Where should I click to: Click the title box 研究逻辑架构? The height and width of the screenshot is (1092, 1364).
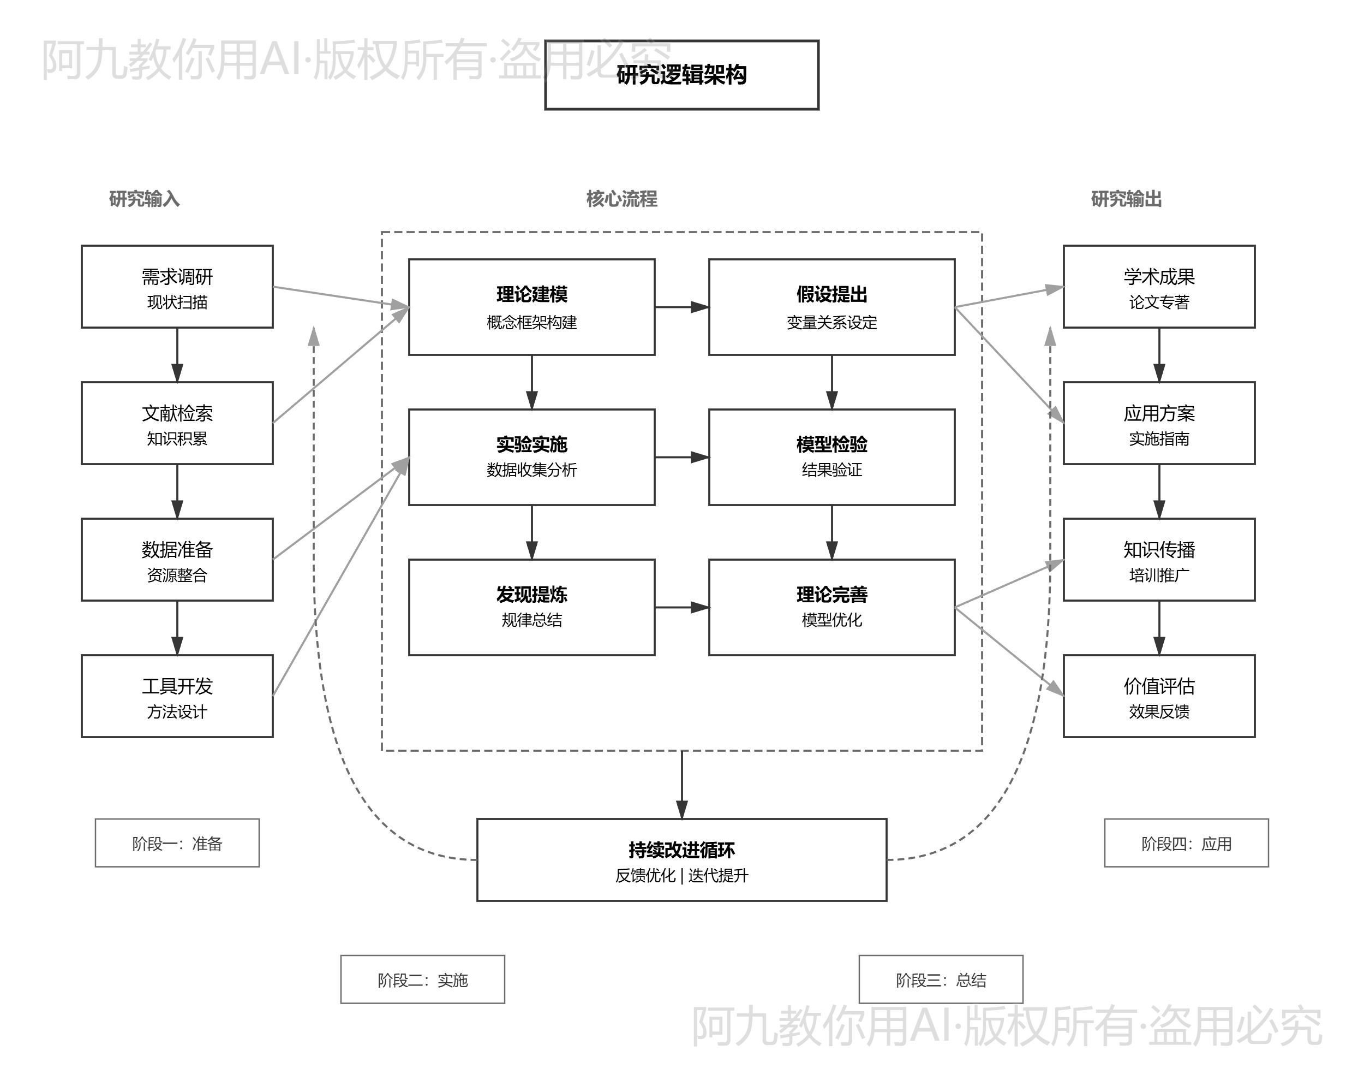coord(681,75)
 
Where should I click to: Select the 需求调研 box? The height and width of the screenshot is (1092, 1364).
coord(177,287)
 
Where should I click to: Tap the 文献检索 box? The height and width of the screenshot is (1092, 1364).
coord(177,423)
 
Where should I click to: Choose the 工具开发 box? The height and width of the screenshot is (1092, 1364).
coord(177,696)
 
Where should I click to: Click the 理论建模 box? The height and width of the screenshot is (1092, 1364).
coord(531,307)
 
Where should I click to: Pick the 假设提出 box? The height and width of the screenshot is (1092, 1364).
coord(831,307)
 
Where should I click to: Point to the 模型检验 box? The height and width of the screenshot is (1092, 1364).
coord(831,457)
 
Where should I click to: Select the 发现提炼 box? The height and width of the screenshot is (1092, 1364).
coord(531,607)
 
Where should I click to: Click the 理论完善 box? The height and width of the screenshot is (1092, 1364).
coord(831,607)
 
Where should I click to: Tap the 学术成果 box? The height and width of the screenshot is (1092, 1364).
coord(1158,287)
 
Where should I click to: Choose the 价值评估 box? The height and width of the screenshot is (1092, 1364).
coord(1158,696)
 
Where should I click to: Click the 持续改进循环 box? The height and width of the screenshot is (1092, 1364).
coord(681,859)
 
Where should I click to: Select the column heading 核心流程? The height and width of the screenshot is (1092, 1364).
coord(621,199)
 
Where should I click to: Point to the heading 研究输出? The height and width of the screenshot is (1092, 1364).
coord(1126,199)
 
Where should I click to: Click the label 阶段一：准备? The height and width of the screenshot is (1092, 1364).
coord(177,843)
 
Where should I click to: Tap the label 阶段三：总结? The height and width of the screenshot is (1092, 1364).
coord(940,980)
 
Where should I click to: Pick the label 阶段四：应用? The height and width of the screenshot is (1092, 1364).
coord(1186,843)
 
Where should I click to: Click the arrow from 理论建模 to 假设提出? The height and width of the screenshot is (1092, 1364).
coord(681,307)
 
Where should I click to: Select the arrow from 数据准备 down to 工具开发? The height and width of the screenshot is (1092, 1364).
coord(177,627)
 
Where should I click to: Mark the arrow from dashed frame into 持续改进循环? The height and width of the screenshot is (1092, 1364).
coord(681,785)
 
